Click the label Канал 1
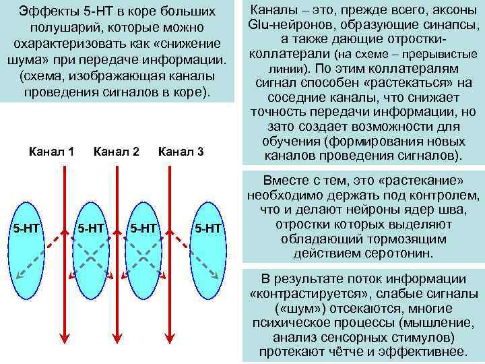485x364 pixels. (x=52, y=152)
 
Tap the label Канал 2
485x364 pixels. (x=116, y=152)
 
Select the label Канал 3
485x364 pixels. (x=181, y=152)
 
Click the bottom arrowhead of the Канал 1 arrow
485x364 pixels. (x=64, y=340)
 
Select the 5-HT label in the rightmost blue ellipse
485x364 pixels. (x=207, y=229)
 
